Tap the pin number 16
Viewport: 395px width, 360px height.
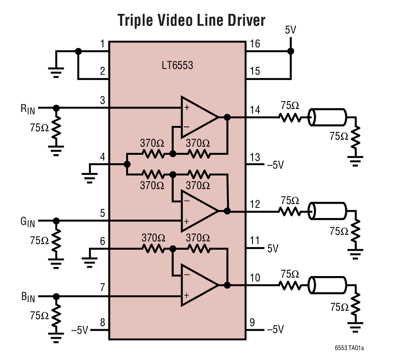(255, 44)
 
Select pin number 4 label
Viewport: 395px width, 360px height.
(102, 157)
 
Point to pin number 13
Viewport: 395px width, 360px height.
(255, 157)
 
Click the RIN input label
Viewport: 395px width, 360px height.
(28, 109)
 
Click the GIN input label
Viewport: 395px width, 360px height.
(28, 222)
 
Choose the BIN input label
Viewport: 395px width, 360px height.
(28, 297)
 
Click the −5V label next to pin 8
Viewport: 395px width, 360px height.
(80, 330)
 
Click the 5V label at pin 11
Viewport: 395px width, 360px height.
(272, 248)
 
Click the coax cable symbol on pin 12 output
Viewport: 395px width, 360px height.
(328, 211)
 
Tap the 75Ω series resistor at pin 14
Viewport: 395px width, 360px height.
(291, 117)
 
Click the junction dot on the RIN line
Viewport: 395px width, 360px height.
(57, 108)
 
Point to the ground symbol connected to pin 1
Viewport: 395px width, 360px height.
(56, 70)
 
